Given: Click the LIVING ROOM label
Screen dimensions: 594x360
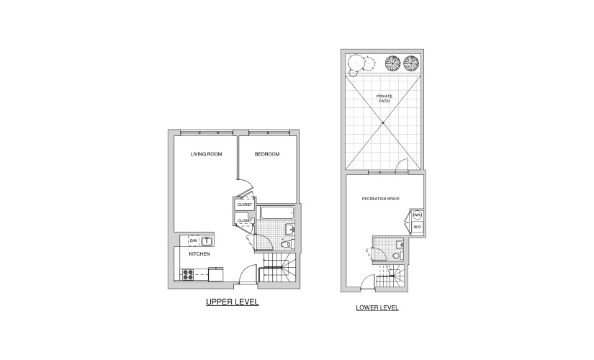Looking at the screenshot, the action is tap(206, 154).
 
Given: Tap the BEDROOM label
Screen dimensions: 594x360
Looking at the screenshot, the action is tap(267, 154).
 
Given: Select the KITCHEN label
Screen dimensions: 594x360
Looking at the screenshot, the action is tap(199, 254).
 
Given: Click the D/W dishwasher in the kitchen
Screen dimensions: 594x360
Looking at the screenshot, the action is tap(193, 240).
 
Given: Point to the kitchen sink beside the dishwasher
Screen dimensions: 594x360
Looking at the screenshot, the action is tap(207, 241).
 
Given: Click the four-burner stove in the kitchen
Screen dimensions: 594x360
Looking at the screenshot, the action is tap(188, 275).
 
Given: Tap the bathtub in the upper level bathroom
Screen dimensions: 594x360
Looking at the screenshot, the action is tap(277, 212).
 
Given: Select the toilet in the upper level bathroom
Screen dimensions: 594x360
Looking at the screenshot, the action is tap(287, 244).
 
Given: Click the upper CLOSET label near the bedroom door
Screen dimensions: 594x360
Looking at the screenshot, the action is tap(245, 204).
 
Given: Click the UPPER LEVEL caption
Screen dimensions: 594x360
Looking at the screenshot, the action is tap(233, 302).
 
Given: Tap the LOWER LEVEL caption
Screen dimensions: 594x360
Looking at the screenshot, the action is tap(377, 307).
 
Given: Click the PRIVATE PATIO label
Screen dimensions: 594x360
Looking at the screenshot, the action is tap(384, 99).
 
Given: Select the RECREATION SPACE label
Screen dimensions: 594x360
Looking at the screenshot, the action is tap(381, 199).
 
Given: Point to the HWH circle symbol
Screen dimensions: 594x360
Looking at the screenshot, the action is tap(417, 215).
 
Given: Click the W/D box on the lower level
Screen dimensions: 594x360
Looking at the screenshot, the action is tap(418, 228).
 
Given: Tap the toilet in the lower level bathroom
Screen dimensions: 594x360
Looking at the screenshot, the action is tap(397, 256).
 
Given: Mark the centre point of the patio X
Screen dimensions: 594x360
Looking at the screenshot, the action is tap(383, 123).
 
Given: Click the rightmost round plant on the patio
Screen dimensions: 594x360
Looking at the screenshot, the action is tap(411, 63).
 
